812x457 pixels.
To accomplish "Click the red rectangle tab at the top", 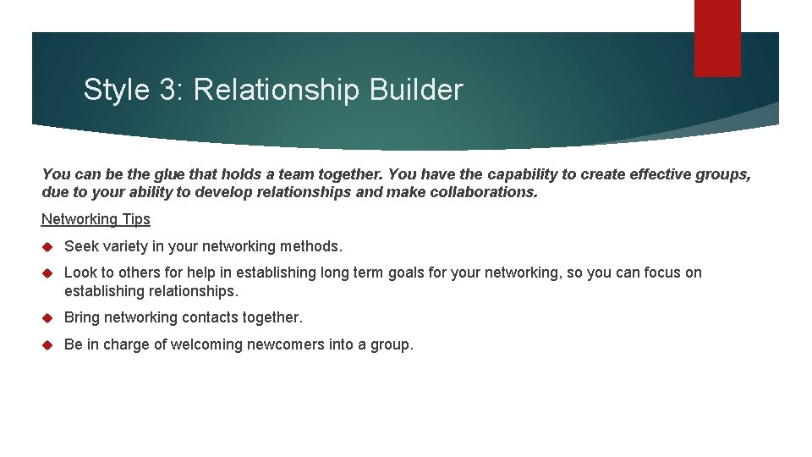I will (717, 37).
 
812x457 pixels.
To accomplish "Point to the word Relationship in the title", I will (277, 90).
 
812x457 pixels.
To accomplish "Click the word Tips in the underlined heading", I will (135, 219).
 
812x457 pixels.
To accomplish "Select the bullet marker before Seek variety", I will (47, 247).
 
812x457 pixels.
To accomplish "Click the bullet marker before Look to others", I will (47, 273).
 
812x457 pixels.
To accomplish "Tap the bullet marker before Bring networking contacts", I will (47, 318).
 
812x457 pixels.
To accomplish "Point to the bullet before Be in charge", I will (47, 345).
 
